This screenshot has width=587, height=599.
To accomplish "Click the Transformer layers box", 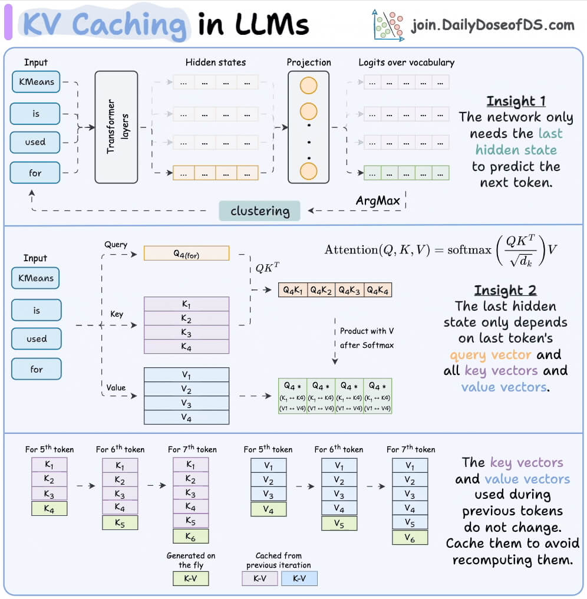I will tap(116, 127).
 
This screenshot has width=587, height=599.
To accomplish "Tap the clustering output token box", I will tap(260, 211).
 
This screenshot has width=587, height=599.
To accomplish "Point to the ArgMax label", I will tap(378, 200).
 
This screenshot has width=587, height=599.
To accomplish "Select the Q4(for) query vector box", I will tap(186, 253).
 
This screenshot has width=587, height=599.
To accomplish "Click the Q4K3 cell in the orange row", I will tap(349, 289).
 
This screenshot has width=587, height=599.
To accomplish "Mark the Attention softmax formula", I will tap(441, 250).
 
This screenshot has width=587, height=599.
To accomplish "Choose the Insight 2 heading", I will tap(504, 290).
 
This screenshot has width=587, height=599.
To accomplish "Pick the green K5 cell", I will tap(120, 522).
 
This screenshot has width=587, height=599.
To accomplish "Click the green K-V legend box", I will tap(190, 578).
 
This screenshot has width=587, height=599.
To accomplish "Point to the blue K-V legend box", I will tap(299, 578).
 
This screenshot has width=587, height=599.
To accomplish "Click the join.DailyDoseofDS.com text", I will tap(493, 25).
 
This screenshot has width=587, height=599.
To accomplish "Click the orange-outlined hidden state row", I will tap(216, 173).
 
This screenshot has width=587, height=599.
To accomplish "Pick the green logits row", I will tap(407, 173).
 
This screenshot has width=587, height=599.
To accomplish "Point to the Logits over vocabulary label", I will tap(407, 62).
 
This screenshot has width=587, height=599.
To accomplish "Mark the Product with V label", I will tap(362, 331).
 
